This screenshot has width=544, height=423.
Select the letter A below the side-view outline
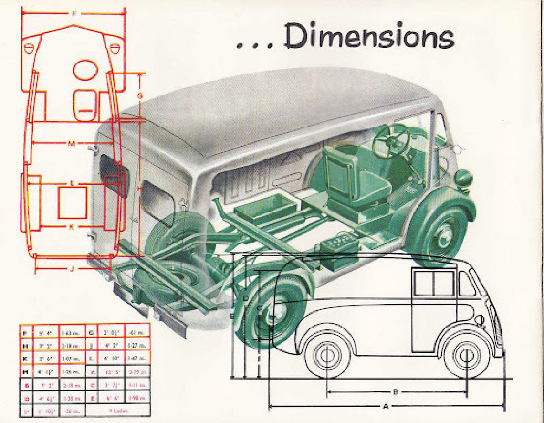[385, 407]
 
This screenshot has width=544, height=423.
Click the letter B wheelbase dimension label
[396, 392]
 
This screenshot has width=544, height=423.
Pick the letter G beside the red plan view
[140, 95]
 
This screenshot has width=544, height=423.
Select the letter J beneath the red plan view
[73, 268]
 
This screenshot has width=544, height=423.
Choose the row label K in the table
[25, 358]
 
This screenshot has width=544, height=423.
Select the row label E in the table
[92, 397]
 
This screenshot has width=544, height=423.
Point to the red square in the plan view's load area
[73, 202]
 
